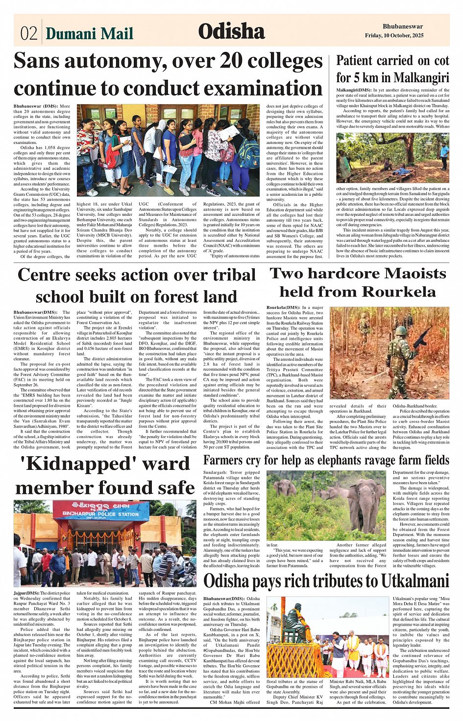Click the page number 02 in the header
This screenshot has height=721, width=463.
pos(28,33)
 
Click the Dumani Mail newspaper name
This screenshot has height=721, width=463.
pos(89,33)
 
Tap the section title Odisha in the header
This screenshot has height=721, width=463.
pos(231,31)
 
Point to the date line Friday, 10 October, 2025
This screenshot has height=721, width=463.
pos(394,36)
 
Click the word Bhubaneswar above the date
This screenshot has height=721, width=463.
pos(403,26)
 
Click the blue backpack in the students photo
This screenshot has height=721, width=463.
pos(248,153)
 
